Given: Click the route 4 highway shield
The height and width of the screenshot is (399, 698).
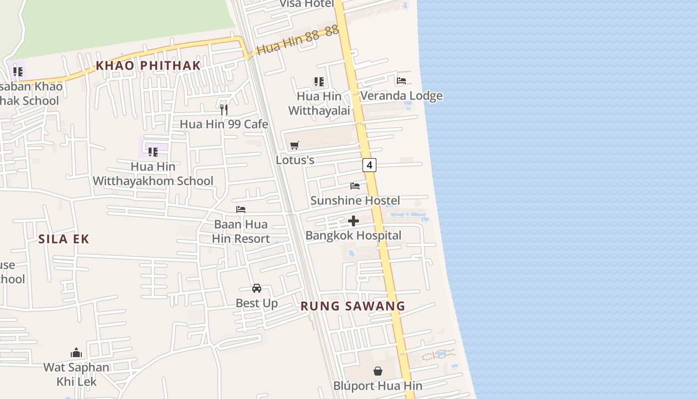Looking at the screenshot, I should (x=369, y=165).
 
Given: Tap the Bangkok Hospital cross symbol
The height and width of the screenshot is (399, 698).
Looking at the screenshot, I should (x=353, y=221).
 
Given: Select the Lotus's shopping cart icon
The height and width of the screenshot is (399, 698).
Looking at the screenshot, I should (x=295, y=145).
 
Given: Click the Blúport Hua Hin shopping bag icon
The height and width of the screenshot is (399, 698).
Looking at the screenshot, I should (x=378, y=371).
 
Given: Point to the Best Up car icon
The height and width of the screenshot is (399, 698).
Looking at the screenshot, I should (x=257, y=288).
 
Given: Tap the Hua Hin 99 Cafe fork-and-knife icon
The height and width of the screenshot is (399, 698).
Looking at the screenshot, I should (x=224, y=109).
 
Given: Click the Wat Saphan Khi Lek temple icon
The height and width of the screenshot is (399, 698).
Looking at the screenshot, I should (x=76, y=353).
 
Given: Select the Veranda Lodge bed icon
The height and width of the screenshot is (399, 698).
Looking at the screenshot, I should (x=401, y=81).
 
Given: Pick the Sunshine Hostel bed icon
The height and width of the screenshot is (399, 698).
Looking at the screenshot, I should (x=355, y=186).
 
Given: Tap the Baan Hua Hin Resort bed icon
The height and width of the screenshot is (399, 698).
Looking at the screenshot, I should (x=241, y=209).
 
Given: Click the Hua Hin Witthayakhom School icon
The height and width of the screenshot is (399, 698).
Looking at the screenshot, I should (x=153, y=152).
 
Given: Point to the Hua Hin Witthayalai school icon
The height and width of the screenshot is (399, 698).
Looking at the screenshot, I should (x=319, y=81).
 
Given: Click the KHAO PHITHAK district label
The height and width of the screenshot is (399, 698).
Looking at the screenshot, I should (x=148, y=65).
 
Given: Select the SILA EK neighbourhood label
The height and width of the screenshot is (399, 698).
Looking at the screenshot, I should (x=64, y=239).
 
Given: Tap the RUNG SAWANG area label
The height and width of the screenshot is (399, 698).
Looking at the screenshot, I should (x=353, y=306).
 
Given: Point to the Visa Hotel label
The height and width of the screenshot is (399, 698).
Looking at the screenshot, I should (x=306, y=4).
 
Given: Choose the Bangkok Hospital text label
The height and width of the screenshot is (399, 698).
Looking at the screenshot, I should (x=353, y=235).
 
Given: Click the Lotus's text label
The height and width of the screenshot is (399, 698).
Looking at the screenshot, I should (x=295, y=160).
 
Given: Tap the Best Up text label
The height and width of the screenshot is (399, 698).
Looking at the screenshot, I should (x=257, y=303).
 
